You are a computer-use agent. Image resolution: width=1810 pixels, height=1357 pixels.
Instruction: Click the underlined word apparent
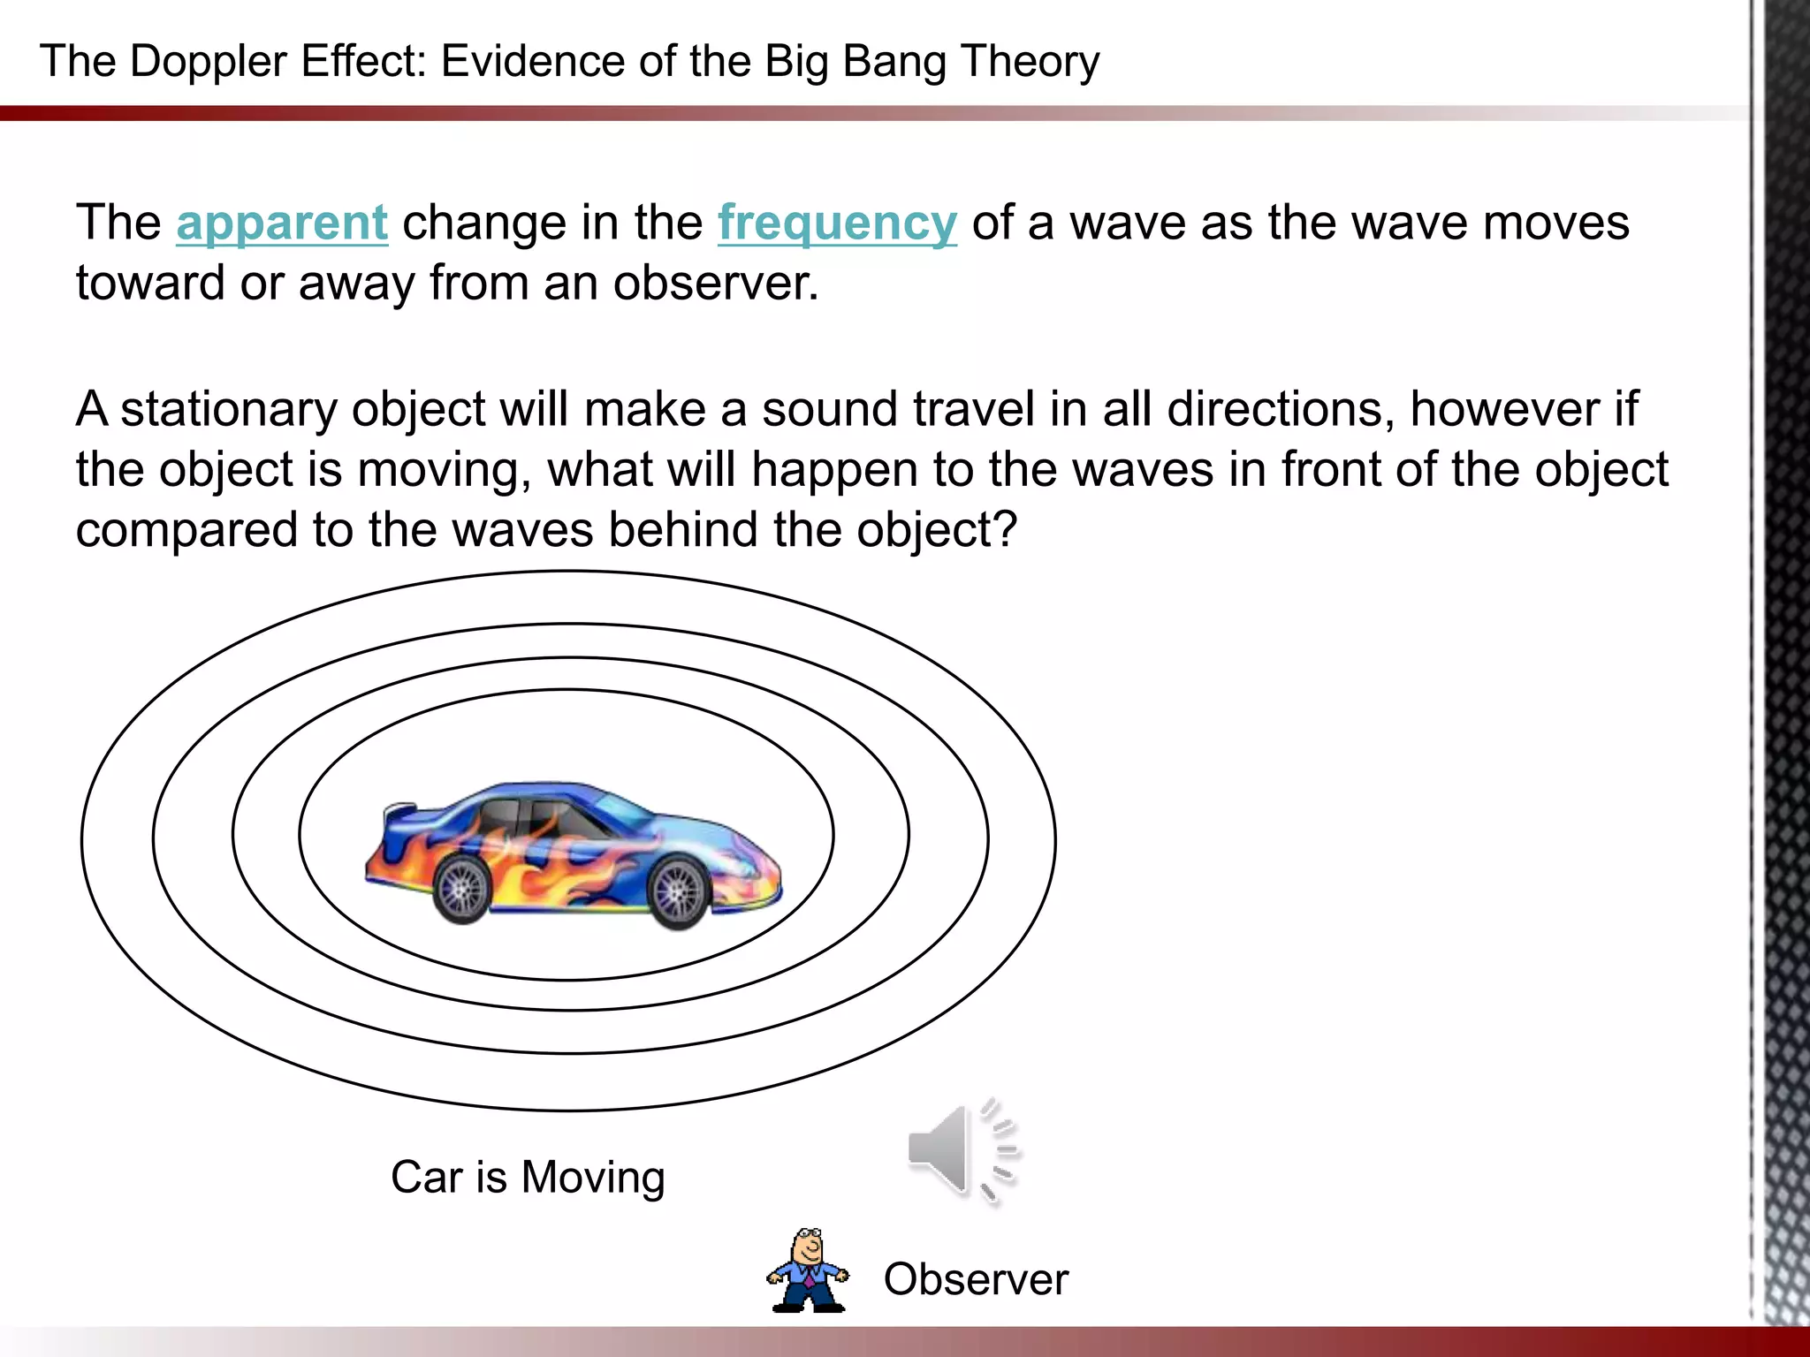click(x=282, y=223)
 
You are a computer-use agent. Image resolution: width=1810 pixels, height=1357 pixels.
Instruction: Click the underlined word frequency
click(x=836, y=223)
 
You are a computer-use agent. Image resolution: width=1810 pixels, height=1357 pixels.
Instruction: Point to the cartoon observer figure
click(x=807, y=1271)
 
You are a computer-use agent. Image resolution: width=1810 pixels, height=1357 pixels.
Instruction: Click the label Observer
click(x=976, y=1279)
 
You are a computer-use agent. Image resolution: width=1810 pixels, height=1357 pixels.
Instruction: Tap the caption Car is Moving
click(x=528, y=1178)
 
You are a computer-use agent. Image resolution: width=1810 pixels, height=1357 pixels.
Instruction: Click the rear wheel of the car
click(x=461, y=888)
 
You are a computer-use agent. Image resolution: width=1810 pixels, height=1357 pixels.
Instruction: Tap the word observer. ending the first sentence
click(x=716, y=284)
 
